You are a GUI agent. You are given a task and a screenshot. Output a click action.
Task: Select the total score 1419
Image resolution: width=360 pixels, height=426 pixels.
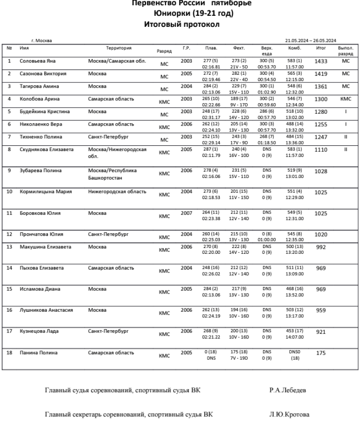point(322,75)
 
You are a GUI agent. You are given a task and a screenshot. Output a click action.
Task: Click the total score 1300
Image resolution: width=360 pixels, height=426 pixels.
point(322,100)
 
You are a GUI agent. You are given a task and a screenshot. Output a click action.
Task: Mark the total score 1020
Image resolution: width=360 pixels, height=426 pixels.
point(322,236)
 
